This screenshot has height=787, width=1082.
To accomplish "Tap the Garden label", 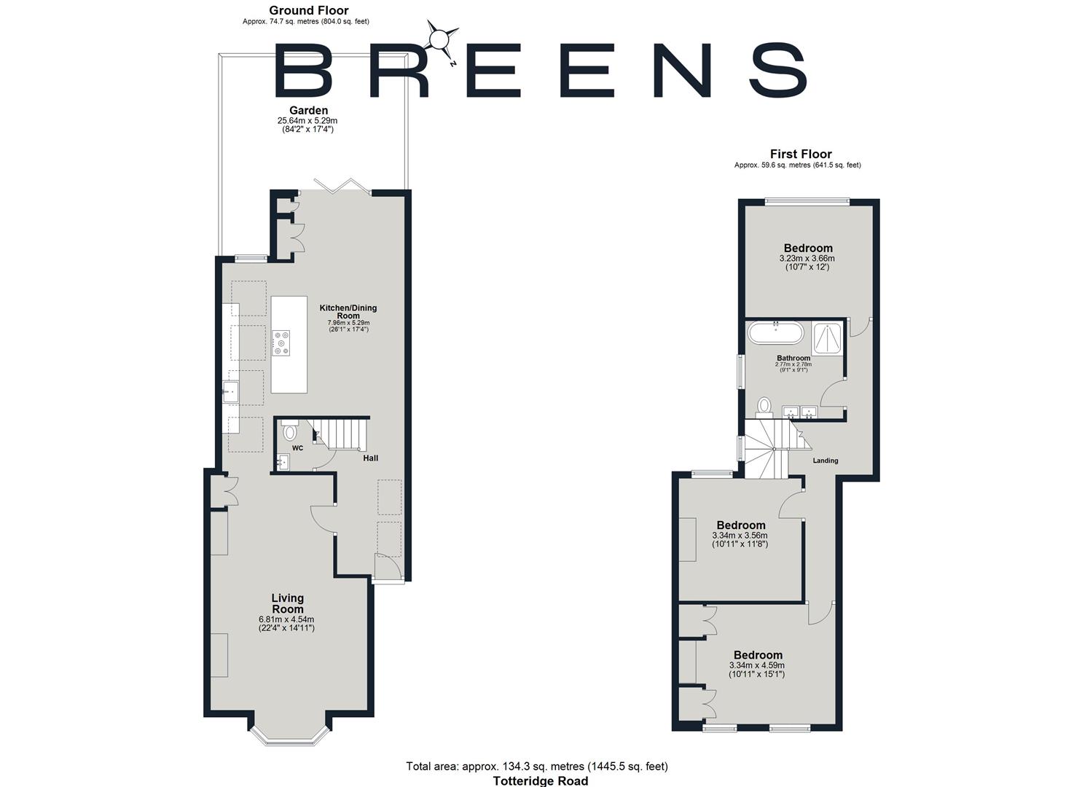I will [x=308, y=111].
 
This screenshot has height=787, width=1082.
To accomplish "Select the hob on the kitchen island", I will [x=281, y=343].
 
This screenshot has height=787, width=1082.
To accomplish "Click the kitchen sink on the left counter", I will [x=232, y=393].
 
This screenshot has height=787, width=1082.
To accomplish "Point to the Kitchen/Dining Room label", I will [x=348, y=311].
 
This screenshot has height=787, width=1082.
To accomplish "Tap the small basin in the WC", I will [x=283, y=461].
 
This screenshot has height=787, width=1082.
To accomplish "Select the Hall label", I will [x=371, y=458].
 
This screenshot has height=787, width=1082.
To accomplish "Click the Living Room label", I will [x=287, y=603].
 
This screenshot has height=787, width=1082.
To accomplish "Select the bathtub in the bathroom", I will [x=776, y=334].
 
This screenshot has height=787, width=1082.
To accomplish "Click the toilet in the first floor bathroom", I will [x=764, y=406].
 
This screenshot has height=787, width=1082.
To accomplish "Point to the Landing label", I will [x=826, y=461].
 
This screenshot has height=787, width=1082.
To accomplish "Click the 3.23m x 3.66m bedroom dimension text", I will [x=807, y=258].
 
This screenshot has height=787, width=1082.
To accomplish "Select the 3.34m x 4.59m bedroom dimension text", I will [x=757, y=665].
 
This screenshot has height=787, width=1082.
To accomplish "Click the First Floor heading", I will [x=801, y=154].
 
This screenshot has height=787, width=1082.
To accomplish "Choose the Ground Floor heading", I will [x=308, y=10].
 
